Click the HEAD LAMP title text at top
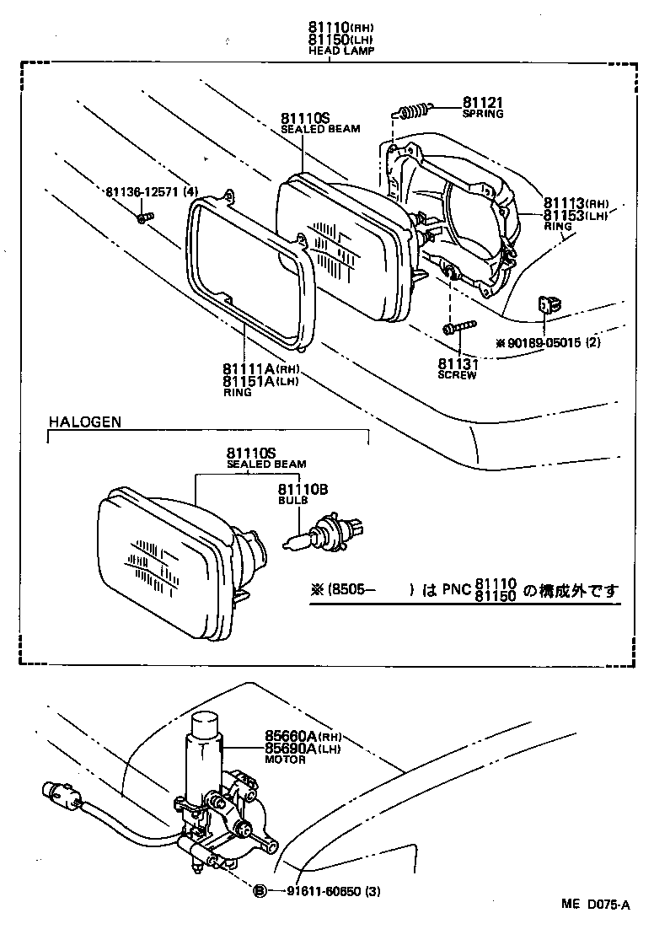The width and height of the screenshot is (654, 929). [x=341, y=51]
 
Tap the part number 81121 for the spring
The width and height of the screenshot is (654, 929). [x=482, y=103]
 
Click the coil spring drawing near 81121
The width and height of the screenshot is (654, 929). [x=414, y=110]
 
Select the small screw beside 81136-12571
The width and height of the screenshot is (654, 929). [x=143, y=218]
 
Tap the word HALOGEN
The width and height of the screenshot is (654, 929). [x=84, y=421]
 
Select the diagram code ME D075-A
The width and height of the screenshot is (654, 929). [x=595, y=905]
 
